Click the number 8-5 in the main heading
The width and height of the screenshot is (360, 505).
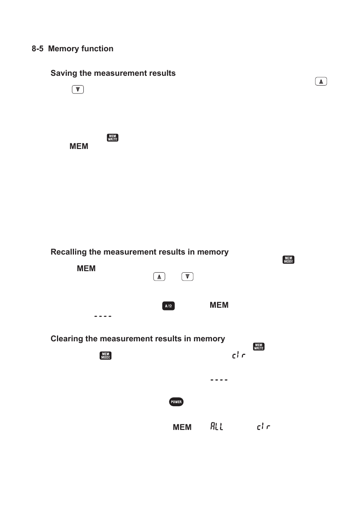pos(37,49)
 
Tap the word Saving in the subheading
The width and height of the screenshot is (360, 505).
pos(64,74)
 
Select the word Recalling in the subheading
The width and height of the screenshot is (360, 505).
pos(69,252)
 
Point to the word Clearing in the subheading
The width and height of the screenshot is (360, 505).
pos(67,339)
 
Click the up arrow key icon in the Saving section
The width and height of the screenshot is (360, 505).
pos(321,81)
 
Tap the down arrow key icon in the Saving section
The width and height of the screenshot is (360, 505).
pos(78,89)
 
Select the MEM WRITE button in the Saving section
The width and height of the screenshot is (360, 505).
pos(112,138)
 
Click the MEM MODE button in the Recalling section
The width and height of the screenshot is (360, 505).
pos(289,260)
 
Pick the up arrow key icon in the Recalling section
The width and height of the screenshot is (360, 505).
pos(159,276)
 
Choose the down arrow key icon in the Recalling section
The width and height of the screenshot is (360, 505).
pos(188,276)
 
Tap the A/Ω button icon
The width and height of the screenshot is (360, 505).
pos(169,306)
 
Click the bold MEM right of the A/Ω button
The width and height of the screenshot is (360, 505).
pos(219,305)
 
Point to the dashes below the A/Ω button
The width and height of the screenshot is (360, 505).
pos(103,316)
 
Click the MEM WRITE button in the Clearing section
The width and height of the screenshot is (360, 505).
pos(259,347)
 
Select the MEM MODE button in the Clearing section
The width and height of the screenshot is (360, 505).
pos(106,356)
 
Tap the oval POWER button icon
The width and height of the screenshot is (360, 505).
pos(176,402)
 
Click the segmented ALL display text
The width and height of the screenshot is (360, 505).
pos(217,426)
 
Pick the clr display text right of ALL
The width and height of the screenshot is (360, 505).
pos(263,426)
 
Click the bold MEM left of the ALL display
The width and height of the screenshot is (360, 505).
pos(182,427)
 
